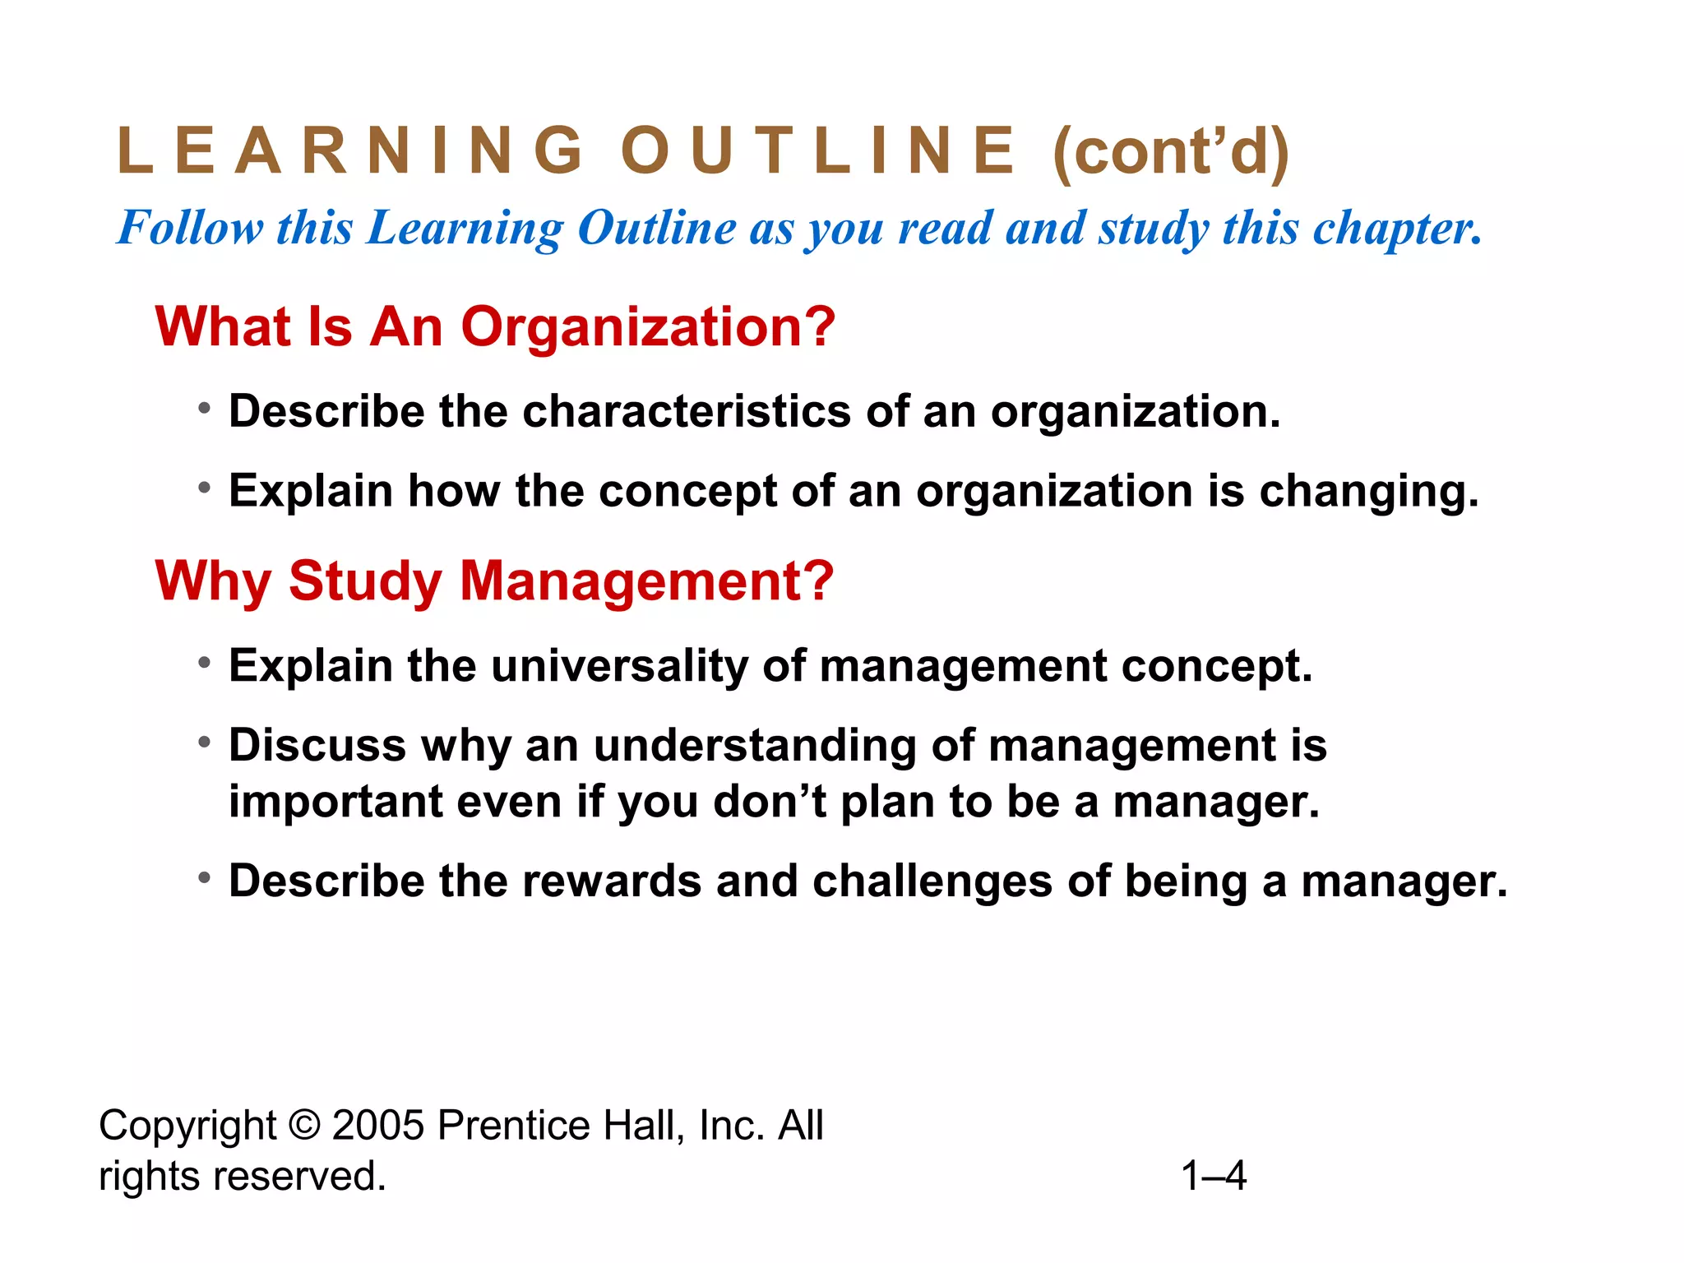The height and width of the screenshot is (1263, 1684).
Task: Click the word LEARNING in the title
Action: (350, 151)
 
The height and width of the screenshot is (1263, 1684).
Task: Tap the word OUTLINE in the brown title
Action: (819, 151)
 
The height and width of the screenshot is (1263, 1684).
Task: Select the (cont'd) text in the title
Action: (1171, 153)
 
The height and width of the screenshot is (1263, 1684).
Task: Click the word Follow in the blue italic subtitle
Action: (190, 228)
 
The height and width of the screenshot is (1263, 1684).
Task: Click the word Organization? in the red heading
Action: (648, 327)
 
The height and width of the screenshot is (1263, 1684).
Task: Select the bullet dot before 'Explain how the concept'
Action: (205, 488)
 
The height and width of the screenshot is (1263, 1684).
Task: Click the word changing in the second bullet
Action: (1369, 493)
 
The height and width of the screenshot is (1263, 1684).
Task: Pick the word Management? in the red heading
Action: (646, 581)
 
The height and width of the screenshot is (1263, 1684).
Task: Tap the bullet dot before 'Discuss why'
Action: (205, 743)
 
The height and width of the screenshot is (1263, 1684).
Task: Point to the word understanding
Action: (755, 747)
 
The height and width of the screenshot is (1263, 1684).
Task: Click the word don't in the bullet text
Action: (770, 802)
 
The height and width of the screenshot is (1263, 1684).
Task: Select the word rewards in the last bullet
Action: (611, 881)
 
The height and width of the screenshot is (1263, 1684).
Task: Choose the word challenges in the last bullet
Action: (932, 881)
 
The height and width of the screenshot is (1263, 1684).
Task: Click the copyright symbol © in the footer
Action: (304, 1126)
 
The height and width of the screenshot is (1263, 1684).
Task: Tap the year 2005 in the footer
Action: (377, 1126)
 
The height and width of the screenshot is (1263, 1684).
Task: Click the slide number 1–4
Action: (1214, 1176)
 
